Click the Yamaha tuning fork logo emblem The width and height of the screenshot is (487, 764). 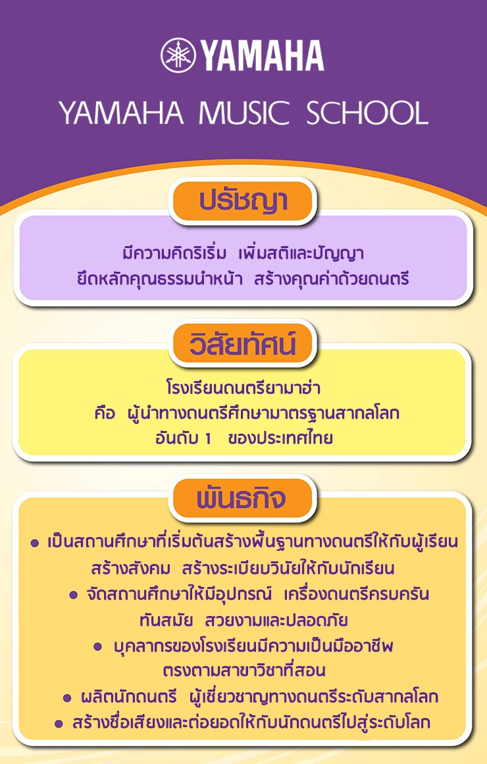coord(178,55)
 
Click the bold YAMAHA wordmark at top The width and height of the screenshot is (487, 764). coord(263,55)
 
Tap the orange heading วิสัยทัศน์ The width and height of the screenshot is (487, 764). coord(243,344)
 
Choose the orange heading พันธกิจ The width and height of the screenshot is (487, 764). coord(243,498)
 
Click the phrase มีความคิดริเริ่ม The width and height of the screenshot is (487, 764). coord(174,253)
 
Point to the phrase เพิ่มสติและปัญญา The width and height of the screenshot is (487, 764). coord(301,253)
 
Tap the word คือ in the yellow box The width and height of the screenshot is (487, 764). coord(105,413)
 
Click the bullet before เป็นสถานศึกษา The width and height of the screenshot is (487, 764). coord(35,544)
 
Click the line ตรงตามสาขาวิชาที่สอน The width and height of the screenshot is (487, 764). coord(244,671)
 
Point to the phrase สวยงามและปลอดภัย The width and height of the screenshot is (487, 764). coord(276,621)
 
